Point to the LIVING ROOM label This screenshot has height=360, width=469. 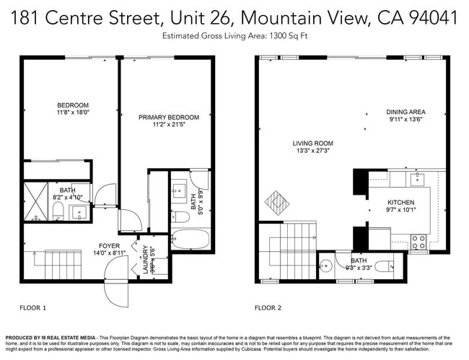312,143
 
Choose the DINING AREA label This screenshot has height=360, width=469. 406,112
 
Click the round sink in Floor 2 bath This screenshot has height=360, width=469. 325,264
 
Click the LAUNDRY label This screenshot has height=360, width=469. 145,260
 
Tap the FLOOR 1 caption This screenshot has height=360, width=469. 33,308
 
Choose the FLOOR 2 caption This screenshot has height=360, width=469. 268,308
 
